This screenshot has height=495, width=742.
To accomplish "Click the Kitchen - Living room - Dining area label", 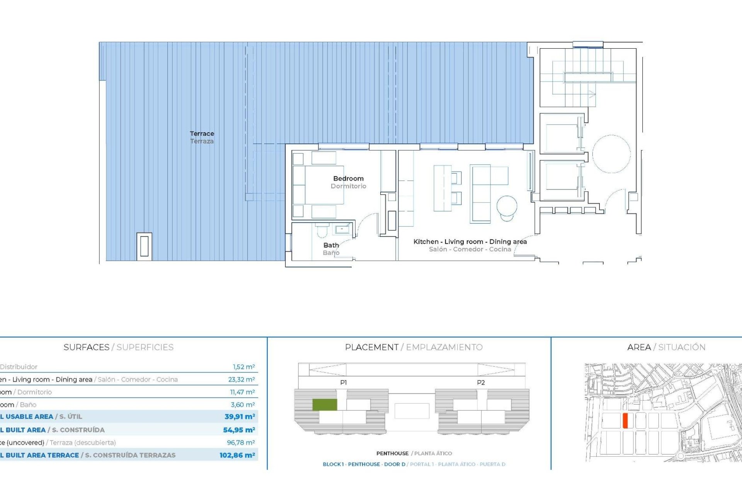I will coord(470,242).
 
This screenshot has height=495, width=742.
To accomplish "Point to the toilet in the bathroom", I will coord(322,231).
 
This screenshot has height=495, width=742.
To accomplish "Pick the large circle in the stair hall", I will coord(611,154).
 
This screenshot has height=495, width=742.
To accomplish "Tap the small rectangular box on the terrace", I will coord(144,246).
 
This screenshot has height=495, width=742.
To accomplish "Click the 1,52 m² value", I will coord(243,367).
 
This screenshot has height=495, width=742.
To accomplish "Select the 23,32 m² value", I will coord(241,379).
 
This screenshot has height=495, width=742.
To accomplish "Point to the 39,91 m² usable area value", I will coord(240,416).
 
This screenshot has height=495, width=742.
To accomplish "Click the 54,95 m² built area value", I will coord(239,430).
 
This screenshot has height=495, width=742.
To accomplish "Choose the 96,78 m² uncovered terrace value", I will coord(241,442).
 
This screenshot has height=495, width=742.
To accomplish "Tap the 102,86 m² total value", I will coord(237,455).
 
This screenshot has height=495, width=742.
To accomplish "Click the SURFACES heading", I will coord(87,347).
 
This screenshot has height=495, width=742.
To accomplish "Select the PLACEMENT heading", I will coord(371,347).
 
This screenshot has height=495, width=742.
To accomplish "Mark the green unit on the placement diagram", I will coord(325,405).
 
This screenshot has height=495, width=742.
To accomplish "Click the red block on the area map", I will coord(625,420).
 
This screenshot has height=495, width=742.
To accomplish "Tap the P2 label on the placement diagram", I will coord(481,382).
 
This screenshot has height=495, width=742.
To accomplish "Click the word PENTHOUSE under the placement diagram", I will coord(392,453).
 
